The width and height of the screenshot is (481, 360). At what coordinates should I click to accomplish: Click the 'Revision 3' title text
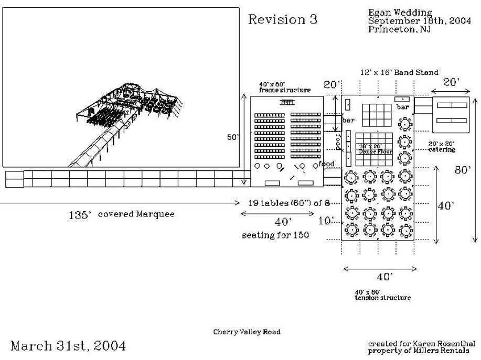(282, 20)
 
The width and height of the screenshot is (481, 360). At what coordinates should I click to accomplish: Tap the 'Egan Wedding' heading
(400, 13)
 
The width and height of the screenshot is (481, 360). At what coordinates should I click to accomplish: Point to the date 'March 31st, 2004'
(68, 346)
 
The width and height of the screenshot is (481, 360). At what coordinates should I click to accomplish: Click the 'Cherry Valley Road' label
(247, 332)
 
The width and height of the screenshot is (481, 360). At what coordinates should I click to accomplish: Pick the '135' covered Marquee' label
(121, 214)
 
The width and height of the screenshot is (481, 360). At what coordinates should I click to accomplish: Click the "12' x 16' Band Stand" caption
(399, 73)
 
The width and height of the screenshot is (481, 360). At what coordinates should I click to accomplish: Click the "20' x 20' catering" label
(441, 147)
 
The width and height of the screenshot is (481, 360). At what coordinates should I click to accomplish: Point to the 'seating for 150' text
(275, 235)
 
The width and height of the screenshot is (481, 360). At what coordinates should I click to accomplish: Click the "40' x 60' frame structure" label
(284, 87)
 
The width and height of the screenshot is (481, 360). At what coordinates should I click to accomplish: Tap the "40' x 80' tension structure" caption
(382, 294)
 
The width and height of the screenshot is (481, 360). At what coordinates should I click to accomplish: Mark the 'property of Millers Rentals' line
(422, 351)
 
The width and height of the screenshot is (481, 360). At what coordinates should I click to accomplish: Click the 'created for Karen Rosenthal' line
(422, 343)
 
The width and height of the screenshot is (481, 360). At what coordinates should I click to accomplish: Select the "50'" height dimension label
(232, 137)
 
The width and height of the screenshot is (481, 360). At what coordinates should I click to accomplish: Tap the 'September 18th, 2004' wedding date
(419, 21)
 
